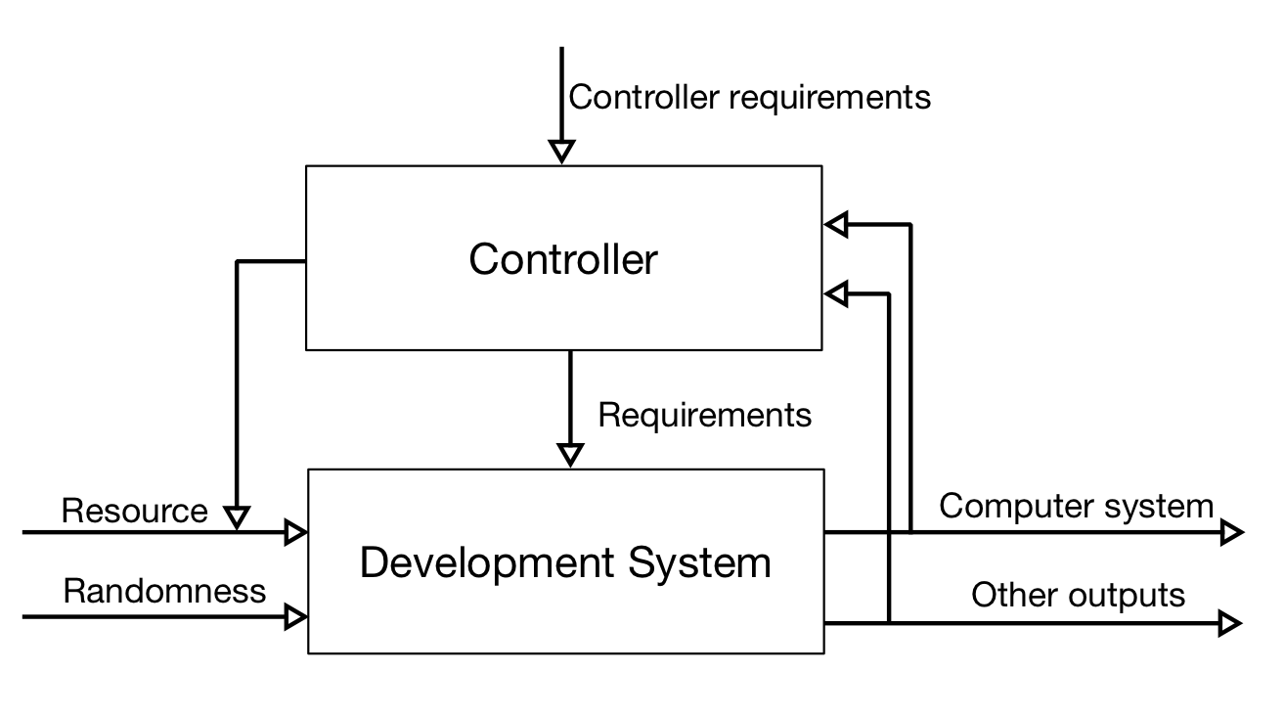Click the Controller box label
click(x=563, y=259)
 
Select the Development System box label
click(x=565, y=563)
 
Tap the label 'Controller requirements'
click(x=749, y=97)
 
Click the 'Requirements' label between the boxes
click(x=704, y=415)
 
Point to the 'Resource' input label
click(x=134, y=511)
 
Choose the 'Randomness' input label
click(x=164, y=591)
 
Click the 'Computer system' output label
click(x=1076, y=506)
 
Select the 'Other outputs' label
click(x=1078, y=595)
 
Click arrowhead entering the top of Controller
click(x=561, y=152)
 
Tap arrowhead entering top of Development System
click(x=569, y=455)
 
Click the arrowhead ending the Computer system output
click(x=1231, y=533)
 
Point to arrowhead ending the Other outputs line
click(x=1230, y=623)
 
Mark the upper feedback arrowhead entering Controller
click(x=835, y=225)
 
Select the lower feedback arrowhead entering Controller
click(x=835, y=292)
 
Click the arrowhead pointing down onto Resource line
click(x=237, y=516)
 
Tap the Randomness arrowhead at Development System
click(x=295, y=616)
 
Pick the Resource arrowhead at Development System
click(x=295, y=532)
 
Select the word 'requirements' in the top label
click(x=827, y=97)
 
